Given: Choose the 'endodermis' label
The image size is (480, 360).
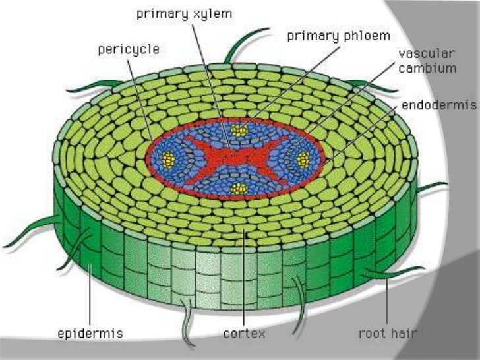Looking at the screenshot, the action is pyautogui.click(x=437, y=105).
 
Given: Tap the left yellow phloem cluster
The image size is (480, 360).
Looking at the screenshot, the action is pyautogui.click(x=169, y=158).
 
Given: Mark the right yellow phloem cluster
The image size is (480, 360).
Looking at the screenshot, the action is pyautogui.click(x=303, y=159).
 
